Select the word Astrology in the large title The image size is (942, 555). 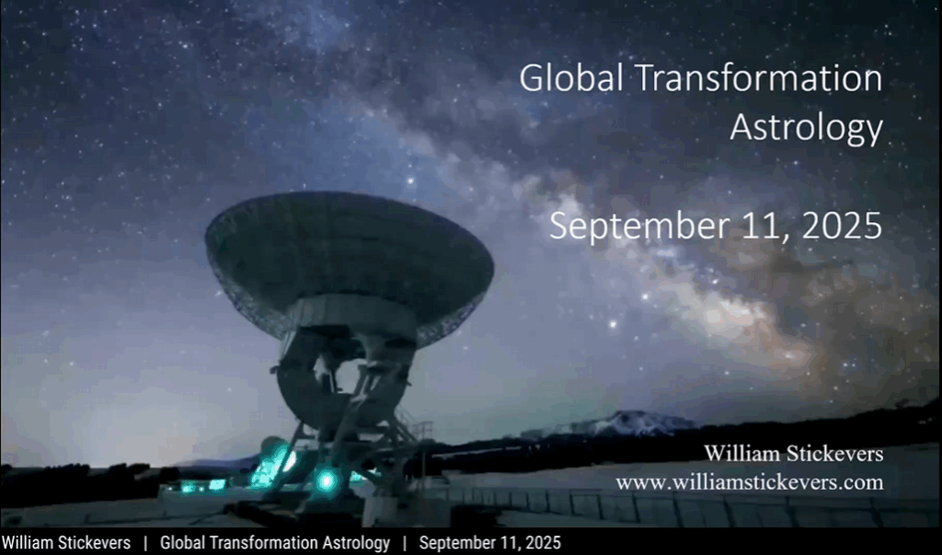(806, 128)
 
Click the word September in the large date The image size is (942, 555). (639, 226)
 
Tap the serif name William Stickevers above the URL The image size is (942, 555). (794, 454)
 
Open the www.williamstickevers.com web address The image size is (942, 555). (750, 482)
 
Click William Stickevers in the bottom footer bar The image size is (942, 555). (66, 543)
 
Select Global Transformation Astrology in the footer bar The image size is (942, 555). (274, 543)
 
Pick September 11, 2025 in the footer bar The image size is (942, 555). (489, 543)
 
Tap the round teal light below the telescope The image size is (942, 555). (327, 480)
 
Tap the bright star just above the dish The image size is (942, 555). (411, 179)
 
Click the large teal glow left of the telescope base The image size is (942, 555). (273, 464)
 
